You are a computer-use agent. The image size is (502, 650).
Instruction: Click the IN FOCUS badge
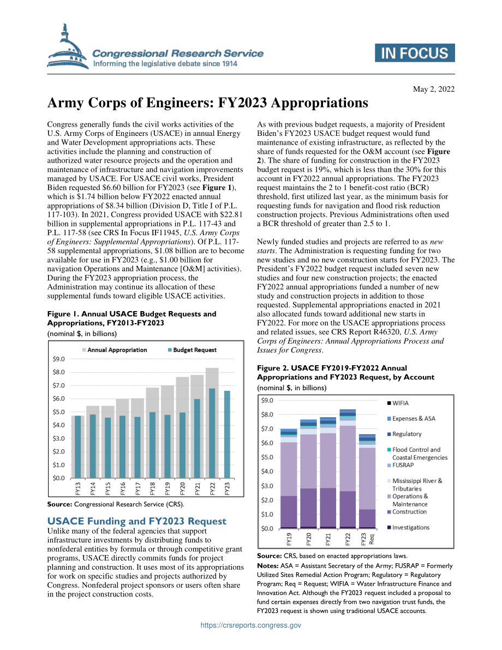(x=415, y=53)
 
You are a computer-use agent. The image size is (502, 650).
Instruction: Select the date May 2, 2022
(x=434, y=89)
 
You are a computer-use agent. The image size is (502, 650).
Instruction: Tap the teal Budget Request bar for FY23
(x=227, y=434)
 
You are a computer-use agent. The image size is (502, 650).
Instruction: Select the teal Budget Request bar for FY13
(x=77, y=447)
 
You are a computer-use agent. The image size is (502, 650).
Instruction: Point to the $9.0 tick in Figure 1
(x=59, y=359)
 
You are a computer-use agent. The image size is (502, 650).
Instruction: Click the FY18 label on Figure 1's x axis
(x=153, y=489)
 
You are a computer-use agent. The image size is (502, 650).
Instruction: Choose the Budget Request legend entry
(x=192, y=350)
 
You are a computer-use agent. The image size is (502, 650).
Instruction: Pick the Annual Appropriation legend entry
(x=115, y=350)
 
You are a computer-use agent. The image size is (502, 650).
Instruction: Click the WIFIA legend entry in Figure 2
(x=398, y=403)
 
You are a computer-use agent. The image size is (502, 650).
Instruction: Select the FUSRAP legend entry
(x=401, y=465)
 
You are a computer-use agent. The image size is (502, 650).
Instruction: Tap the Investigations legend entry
(x=408, y=527)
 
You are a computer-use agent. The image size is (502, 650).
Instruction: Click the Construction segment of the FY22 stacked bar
(x=348, y=509)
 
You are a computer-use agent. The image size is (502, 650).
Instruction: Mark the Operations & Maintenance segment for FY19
(x=289, y=469)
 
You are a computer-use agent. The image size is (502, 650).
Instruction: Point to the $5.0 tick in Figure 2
(x=267, y=457)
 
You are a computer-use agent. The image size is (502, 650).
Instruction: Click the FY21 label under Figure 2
(x=328, y=539)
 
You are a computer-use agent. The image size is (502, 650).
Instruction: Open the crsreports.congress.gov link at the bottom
(x=251, y=625)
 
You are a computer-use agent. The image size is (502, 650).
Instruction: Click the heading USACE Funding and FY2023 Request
(x=137, y=521)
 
